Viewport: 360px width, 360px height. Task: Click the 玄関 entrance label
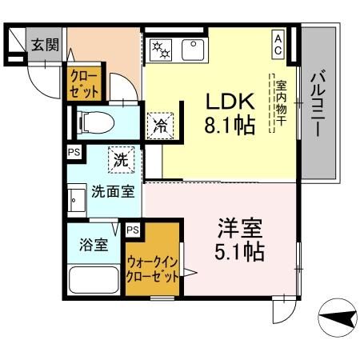click(x=45, y=45)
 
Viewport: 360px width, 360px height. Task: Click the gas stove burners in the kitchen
click(x=162, y=50)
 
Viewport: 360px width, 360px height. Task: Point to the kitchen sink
click(x=192, y=50)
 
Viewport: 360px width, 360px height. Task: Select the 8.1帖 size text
click(x=230, y=125)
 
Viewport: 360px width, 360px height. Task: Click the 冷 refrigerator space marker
click(x=159, y=126)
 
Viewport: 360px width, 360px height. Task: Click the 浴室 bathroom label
click(x=93, y=246)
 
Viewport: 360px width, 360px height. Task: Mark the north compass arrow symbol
click(x=338, y=321)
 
